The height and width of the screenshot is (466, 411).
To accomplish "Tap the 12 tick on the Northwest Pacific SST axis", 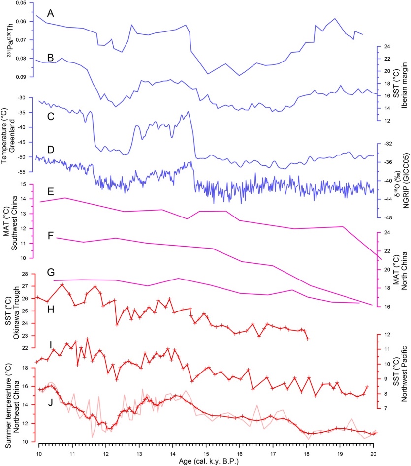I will (x=386, y=335).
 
